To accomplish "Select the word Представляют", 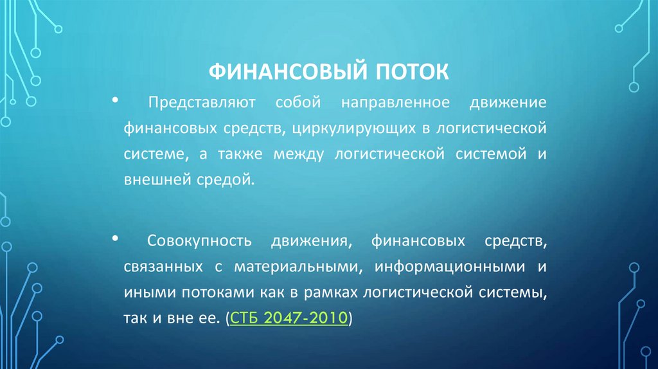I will pos(202,103).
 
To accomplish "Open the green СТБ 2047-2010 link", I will pos(289,318).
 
